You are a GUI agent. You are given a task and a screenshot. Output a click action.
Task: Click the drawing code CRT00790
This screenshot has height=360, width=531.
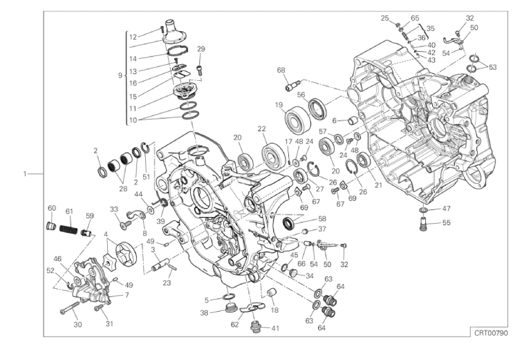(490, 332)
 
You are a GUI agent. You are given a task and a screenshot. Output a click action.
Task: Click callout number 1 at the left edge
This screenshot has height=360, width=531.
(25, 173)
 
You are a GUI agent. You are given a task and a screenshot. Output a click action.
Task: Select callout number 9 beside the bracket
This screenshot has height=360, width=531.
(121, 75)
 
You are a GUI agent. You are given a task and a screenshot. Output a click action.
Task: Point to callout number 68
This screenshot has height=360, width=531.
(281, 70)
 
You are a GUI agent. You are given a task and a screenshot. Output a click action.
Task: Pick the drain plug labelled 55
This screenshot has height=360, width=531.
(423, 223)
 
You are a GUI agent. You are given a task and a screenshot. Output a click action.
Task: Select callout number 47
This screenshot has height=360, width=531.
(447, 208)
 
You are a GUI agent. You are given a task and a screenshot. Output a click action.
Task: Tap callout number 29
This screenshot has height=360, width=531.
(201, 48)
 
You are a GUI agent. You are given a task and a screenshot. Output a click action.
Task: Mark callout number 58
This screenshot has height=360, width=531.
(322, 219)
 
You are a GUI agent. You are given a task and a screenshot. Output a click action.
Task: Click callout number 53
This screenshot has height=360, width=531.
(492, 68)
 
